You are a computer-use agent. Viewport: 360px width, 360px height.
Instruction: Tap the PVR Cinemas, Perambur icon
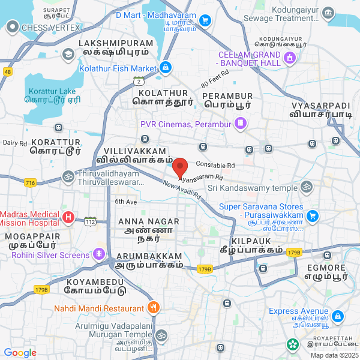coord(241,124)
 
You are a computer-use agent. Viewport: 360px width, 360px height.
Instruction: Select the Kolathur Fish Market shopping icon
coord(166,68)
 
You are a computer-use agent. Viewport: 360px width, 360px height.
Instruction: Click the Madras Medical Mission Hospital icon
coord(69,217)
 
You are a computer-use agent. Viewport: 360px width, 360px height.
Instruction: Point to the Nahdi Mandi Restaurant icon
coord(154,308)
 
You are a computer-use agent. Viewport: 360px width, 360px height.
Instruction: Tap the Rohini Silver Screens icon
coord(98,255)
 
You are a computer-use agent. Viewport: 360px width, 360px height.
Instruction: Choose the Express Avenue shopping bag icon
coord(338,316)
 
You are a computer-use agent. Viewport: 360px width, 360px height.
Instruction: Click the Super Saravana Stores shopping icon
coord(312,215)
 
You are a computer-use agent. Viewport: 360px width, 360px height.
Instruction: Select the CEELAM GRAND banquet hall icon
coord(290,58)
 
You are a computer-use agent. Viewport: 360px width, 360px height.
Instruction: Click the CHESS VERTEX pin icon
coord(13,27)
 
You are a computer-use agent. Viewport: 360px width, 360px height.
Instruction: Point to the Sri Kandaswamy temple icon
coord(307,188)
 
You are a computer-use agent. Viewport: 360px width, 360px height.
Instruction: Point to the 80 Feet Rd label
coord(215,79)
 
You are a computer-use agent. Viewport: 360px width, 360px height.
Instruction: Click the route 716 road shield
coord(31,182)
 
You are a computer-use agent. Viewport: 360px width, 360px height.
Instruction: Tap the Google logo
coord(20,353)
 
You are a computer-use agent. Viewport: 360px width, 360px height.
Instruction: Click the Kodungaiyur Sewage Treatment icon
coord(328,13)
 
